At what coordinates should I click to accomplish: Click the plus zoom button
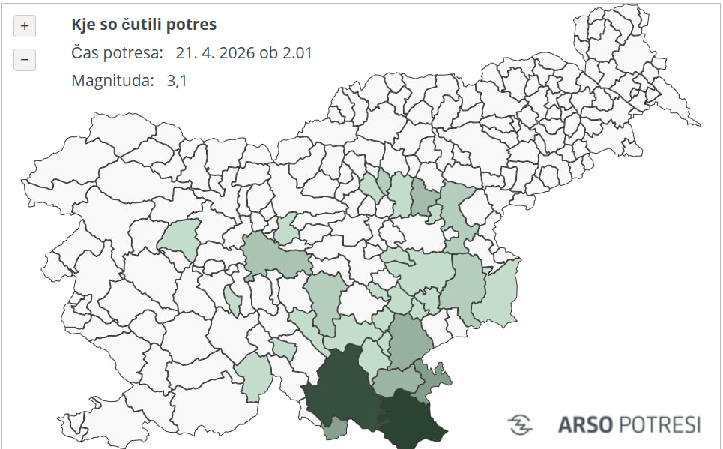click(x=25, y=26)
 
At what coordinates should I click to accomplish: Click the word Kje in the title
click(x=83, y=25)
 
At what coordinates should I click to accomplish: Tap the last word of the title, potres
click(x=194, y=25)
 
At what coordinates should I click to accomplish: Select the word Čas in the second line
click(x=85, y=53)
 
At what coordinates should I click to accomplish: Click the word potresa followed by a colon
click(x=134, y=53)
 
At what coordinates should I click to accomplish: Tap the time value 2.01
click(x=297, y=53)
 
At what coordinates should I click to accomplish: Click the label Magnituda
click(x=112, y=81)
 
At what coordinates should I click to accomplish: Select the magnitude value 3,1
click(x=177, y=81)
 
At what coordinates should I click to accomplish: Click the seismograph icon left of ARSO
click(x=520, y=424)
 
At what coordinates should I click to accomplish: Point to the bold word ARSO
click(x=587, y=424)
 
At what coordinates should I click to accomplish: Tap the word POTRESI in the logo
click(x=660, y=424)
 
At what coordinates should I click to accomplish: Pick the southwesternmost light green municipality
click(x=253, y=374)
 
